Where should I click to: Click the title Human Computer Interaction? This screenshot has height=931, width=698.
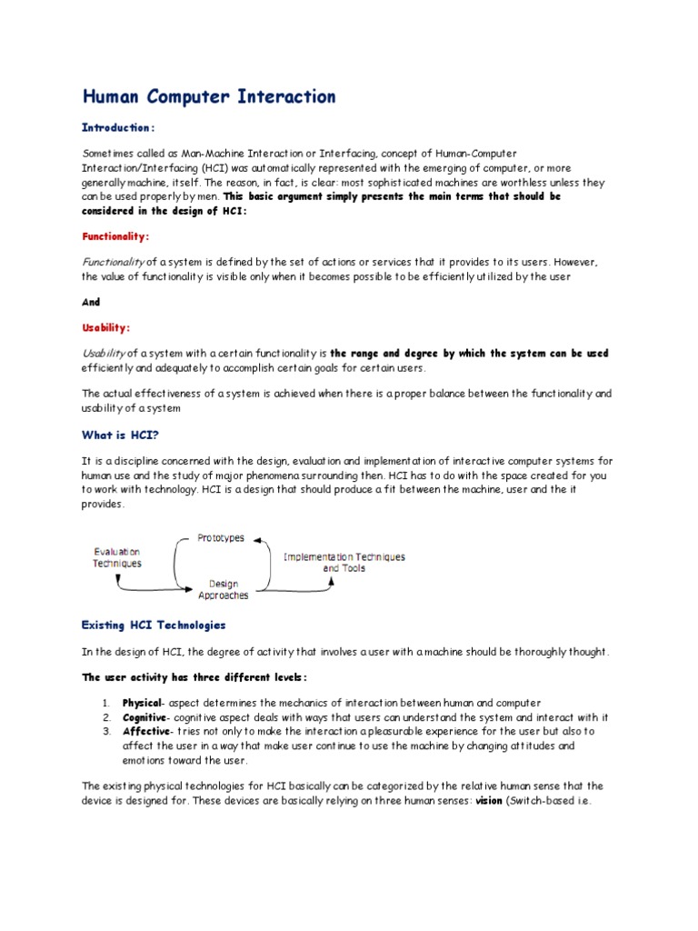pos(209,96)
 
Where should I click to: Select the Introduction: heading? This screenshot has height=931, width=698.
pos(119,128)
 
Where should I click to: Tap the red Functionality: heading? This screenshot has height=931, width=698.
pos(115,235)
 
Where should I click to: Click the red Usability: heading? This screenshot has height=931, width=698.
pos(106,326)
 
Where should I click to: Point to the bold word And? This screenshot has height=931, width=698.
pos(91,302)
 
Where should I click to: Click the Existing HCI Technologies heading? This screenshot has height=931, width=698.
pos(154,626)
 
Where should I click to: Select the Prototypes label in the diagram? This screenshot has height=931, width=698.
pos(221,538)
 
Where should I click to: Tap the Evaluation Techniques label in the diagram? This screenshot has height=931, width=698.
pos(117,557)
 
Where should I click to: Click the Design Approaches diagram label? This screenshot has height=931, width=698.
pos(224,589)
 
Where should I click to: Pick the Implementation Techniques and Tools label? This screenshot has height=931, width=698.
pos(344,562)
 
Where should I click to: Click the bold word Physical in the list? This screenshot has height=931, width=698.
pos(142,703)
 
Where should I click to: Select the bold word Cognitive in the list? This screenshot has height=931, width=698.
pos(144,716)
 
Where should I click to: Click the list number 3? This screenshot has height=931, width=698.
pos(105,730)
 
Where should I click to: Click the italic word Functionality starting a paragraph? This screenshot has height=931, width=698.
pos(114,262)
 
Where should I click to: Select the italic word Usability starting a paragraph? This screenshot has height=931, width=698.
pos(105,353)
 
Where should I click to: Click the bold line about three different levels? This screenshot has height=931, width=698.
pos(194,677)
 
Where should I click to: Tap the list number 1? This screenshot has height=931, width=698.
pos(105,703)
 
